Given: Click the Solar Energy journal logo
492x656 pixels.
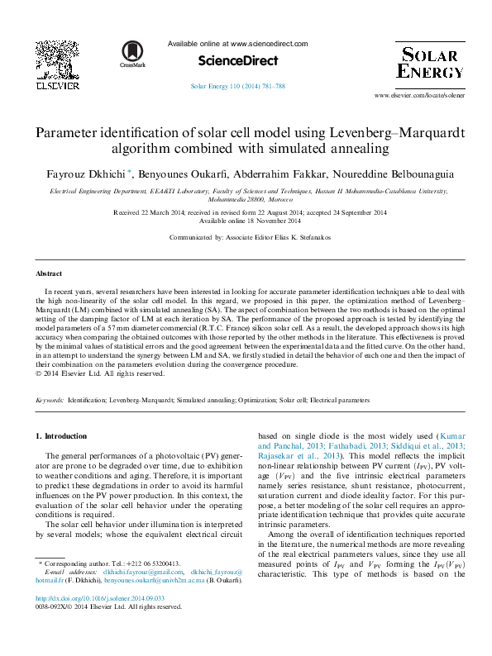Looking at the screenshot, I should pos(429,61).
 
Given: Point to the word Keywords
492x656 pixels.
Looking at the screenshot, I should pos(49,400).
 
